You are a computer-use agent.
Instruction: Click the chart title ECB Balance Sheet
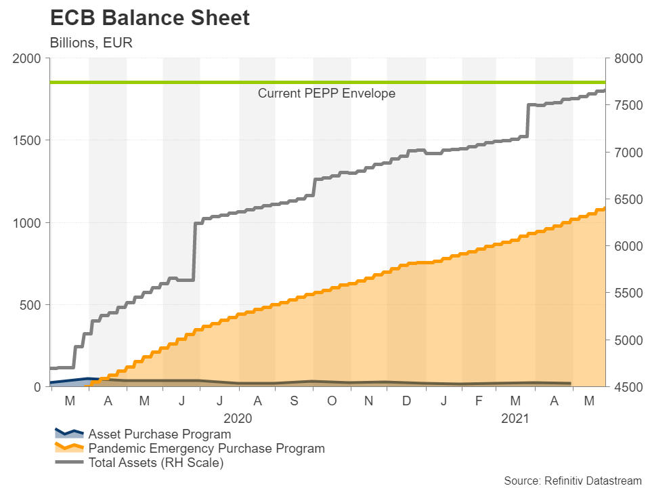(150, 18)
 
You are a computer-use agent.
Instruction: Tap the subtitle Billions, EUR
(91, 43)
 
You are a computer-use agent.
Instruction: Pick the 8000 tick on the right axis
(626, 58)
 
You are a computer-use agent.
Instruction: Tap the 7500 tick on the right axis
(626, 105)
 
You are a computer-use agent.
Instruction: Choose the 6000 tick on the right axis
(626, 246)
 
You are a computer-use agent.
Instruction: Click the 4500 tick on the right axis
(626, 387)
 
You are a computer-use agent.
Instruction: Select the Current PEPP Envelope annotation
(326, 94)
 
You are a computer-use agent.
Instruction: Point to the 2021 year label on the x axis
(516, 418)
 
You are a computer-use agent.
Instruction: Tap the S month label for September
(294, 401)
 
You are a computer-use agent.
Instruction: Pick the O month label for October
(332, 401)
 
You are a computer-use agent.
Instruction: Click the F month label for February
(479, 401)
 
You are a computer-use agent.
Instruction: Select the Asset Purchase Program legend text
(160, 434)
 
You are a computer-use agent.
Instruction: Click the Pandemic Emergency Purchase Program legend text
(207, 449)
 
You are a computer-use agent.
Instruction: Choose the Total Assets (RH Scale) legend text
(156, 463)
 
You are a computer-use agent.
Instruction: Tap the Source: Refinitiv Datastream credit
(572, 481)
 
